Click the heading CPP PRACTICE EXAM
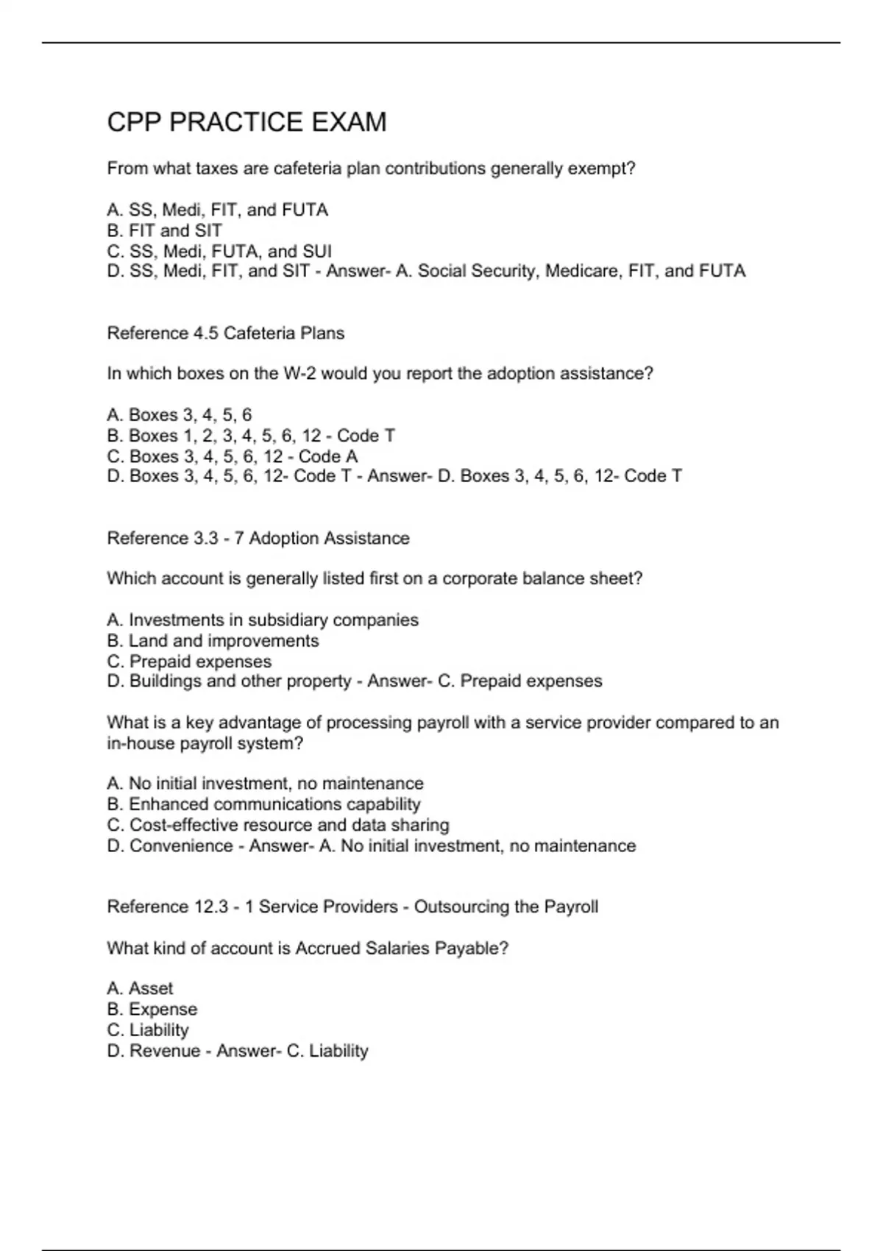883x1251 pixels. pos(247,122)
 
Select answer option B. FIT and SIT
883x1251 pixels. pos(164,230)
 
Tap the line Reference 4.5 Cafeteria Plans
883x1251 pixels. pos(225,333)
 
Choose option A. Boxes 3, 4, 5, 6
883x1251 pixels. pos(179,415)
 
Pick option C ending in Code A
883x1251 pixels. pos(232,456)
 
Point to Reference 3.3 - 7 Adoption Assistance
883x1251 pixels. pos(258,539)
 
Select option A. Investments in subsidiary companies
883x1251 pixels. pos(262,620)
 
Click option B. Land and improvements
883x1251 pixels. pos(213,641)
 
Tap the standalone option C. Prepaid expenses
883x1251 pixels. pos(189,662)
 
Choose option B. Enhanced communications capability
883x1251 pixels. pos(263,804)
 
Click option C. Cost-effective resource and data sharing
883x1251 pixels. pos(277,825)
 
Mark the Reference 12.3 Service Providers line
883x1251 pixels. pos(352,907)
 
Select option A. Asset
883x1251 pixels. pos(140,988)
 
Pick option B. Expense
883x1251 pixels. pos(152,1009)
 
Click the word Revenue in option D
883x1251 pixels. pos(165,1051)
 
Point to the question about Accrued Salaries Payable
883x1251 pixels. pos(308,949)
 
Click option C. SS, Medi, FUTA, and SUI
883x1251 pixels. pos(219,251)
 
